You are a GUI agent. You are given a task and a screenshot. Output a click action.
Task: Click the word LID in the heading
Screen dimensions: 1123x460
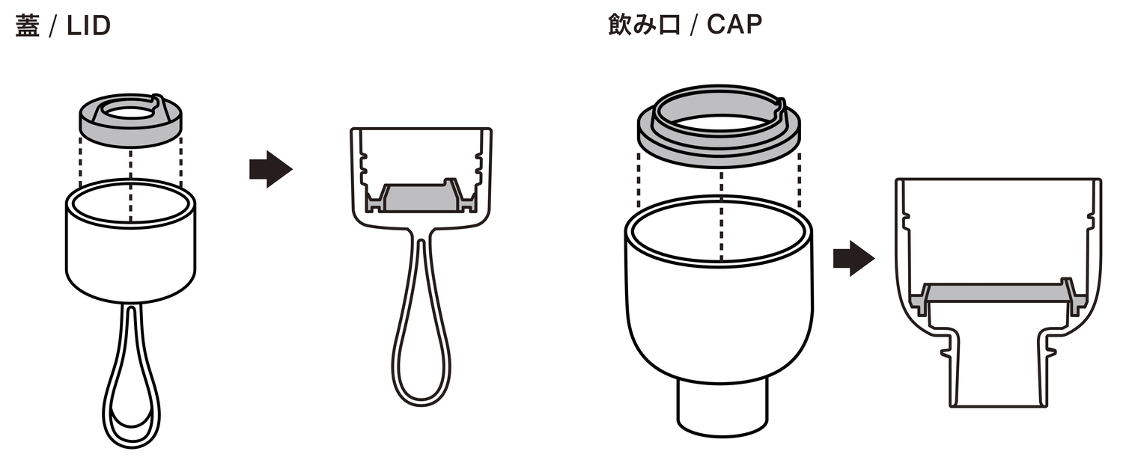(x=88, y=26)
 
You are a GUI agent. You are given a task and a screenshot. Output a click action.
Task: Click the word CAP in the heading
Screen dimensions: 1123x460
(x=734, y=25)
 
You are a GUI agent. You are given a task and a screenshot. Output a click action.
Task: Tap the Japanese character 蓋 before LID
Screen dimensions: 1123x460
(x=28, y=26)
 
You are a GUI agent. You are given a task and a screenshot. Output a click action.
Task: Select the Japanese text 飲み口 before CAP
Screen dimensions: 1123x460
(x=644, y=25)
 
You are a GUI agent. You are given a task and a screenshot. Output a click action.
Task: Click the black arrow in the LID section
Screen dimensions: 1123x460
(x=271, y=169)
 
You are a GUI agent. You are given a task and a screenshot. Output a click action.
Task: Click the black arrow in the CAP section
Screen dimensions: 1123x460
(x=853, y=259)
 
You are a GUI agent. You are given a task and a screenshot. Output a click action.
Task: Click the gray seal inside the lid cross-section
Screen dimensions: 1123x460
(x=420, y=197)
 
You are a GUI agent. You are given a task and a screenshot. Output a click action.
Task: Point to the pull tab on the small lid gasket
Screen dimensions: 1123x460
(x=157, y=102)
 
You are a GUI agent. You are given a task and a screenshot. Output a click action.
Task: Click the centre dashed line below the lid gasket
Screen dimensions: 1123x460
(x=131, y=185)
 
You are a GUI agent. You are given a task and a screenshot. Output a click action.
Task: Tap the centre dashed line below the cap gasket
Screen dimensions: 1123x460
(x=721, y=216)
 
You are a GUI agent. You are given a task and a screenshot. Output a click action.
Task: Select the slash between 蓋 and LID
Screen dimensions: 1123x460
(x=52, y=27)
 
